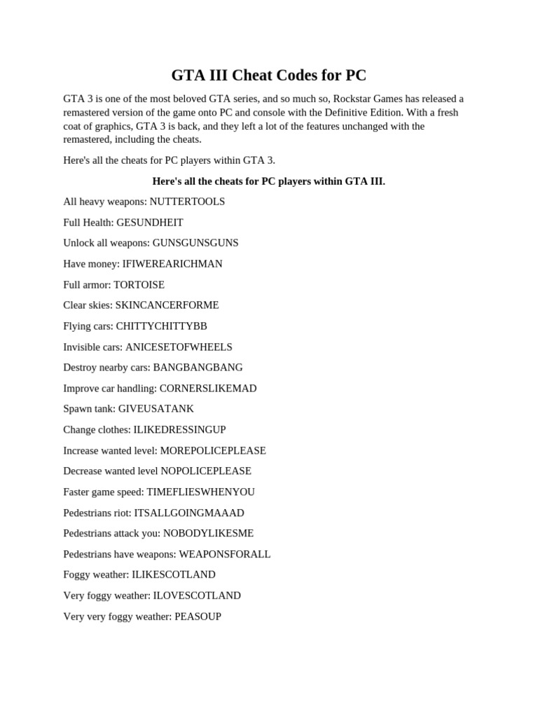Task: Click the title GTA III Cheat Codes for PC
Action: pos(269,75)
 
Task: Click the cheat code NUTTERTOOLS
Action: pos(187,202)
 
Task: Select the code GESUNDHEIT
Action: pos(150,223)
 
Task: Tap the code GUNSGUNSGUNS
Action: pos(195,243)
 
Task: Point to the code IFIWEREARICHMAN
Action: pos(172,264)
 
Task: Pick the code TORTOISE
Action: pos(139,285)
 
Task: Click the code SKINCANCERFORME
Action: pos(167,305)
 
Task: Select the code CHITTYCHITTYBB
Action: pos(161,326)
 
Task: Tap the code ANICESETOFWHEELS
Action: pos(179,347)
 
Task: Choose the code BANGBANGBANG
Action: pos(198,368)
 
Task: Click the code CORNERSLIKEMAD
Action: pos(208,389)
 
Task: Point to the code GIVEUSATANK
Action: pos(156,409)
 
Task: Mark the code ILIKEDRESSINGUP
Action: pos(179,430)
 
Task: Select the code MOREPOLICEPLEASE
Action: pos(214,451)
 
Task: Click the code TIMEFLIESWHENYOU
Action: pos(201,492)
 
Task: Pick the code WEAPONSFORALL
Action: pos(225,555)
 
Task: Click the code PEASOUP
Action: pos(198,617)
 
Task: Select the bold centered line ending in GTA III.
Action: pos(269,181)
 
